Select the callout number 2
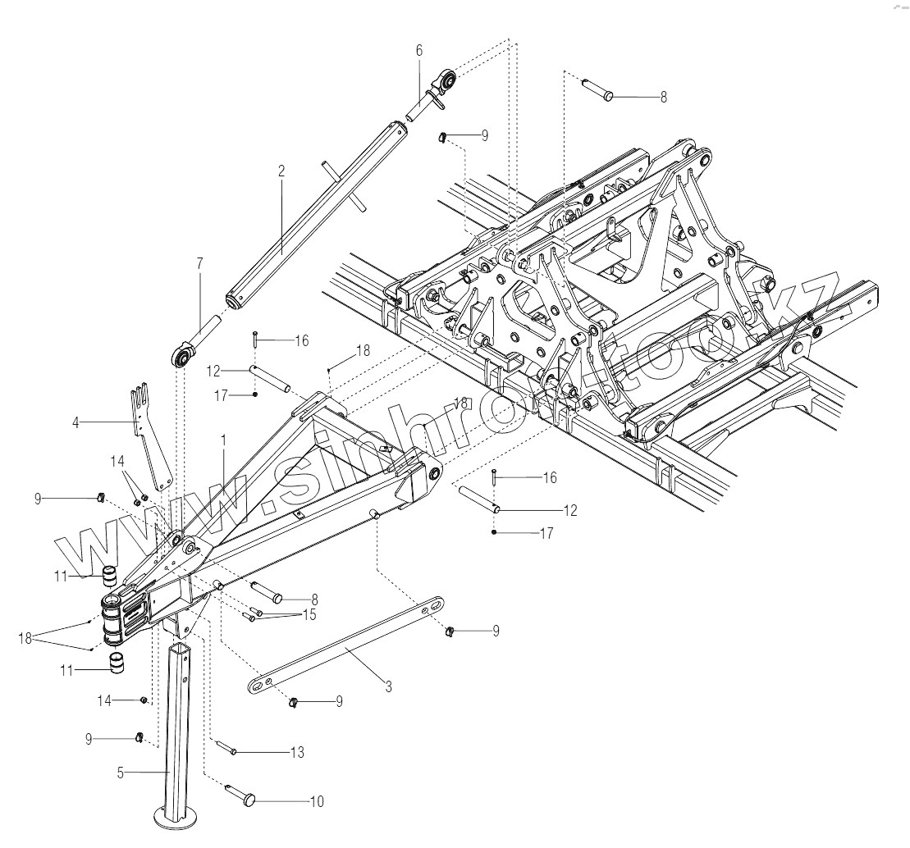[x=281, y=171]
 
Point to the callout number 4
[x=75, y=423]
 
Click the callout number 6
[x=418, y=50]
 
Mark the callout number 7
[x=199, y=262]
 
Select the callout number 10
[x=316, y=801]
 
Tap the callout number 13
[x=297, y=752]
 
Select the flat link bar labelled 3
[x=345, y=645]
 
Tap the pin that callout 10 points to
[x=241, y=793]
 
